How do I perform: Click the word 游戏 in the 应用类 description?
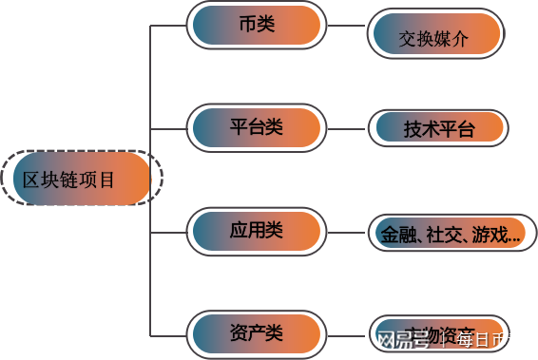click(491, 235)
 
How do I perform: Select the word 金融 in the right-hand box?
click(397, 235)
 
